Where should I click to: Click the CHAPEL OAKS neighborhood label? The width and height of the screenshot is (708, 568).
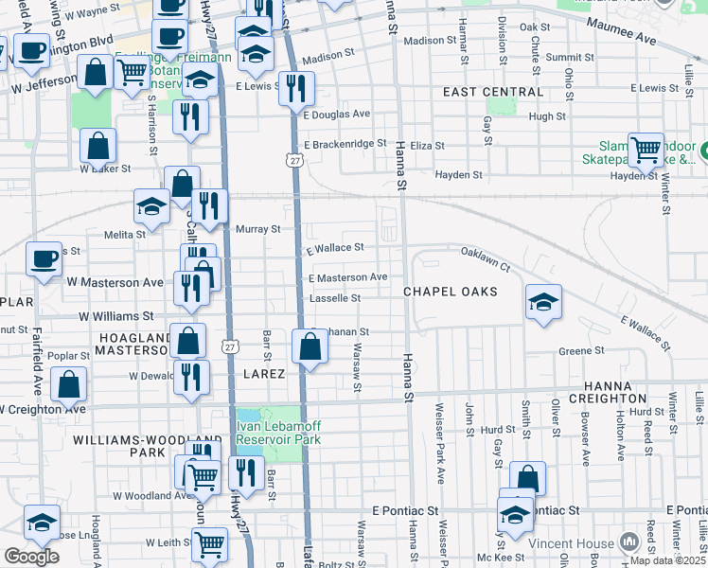(450, 292)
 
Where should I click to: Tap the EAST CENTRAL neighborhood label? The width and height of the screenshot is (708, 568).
(494, 92)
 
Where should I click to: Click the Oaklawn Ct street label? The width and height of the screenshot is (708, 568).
(486, 259)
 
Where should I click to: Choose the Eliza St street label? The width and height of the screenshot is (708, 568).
(427, 146)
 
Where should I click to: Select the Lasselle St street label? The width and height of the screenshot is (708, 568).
(335, 298)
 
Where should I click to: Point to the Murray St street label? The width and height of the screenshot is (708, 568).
(257, 229)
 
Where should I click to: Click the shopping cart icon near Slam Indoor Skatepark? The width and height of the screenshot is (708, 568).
(646, 149)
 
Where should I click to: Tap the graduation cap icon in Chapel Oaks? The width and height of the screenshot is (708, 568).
(543, 302)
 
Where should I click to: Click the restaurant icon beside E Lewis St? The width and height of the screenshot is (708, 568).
(298, 89)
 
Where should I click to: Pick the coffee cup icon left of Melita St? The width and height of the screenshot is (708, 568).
(43, 259)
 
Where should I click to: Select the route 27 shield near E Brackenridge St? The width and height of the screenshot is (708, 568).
(296, 162)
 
